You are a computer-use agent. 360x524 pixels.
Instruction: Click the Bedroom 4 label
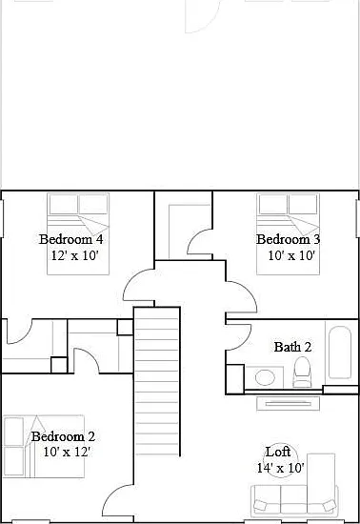click(70, 239)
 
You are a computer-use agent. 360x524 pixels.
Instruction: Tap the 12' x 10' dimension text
click(75, 255)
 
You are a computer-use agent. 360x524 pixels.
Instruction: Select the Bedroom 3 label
click(289, 239)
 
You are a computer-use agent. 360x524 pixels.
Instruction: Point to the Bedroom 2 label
click(63, 436)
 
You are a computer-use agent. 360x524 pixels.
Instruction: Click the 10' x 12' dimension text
click(67, 453)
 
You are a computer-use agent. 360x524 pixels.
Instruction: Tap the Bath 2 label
click(292, 347)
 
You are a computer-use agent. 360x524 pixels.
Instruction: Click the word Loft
click(277, 452)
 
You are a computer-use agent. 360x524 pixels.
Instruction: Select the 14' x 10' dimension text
click(281, 468)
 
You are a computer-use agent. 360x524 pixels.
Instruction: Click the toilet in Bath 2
click(302, 372)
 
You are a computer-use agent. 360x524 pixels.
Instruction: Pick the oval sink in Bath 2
click(265, 377)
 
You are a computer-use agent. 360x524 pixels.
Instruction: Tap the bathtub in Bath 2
click(340, 353)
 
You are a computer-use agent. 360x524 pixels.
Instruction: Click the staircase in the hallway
click(157, 381)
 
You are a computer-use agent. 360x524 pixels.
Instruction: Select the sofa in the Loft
click(294, 499)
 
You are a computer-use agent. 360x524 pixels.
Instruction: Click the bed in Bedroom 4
click(78, 234)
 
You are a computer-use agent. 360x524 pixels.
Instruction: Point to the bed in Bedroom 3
click(288, 234)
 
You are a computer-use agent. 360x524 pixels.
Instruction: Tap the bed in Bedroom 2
click(44, 447)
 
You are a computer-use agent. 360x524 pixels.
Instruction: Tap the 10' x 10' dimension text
click(291, 255)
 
